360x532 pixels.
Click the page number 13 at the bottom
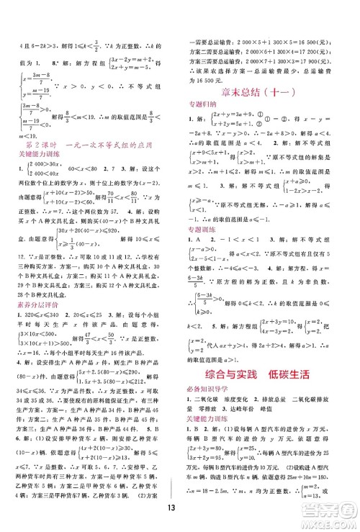point(179,515)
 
